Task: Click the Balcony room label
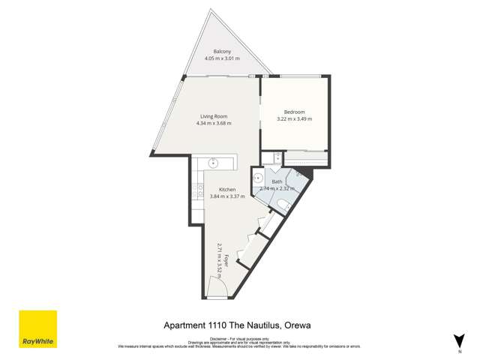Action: pyautogui.click(x=220, y=51)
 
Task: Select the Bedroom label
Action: pyautogui.click(x=294, y=112)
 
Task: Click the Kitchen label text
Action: pyautogui.click(x=227, y=189)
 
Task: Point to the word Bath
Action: pyautogui.click(x=277, y=181)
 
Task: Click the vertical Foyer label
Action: pyautogui.click(x=225, y=263)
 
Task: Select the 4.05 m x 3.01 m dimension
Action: pyautogui.click(x=220, y=58)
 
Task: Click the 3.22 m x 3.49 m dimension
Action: pyautogui.click(x=294, y=118)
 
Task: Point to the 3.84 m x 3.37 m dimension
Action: pyautogui.click(x=227, y=196)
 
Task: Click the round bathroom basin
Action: pyautogui.click(x=256, y=178)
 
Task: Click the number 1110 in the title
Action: pyautogui.click(x=222, y=325)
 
